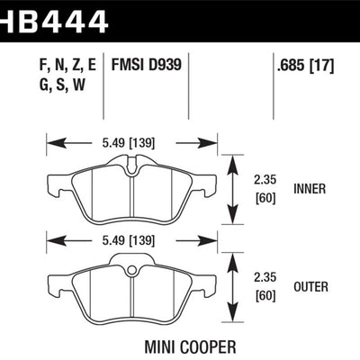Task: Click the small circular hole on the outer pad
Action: (x=131, y=270)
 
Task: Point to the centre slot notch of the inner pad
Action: (x=131, y=167)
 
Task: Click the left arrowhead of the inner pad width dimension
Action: (x=51, y=141)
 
